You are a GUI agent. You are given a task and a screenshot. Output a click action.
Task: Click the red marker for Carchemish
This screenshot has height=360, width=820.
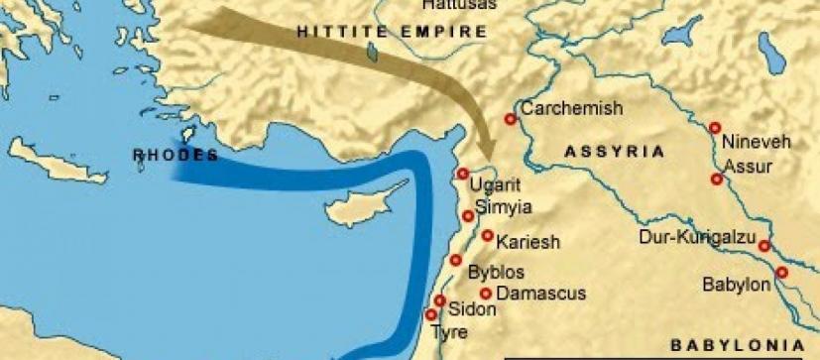pyautogui.click(x=511, y=119)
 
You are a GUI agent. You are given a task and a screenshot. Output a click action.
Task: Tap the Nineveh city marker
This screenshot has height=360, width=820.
pyautogui.click(x=714, y=128)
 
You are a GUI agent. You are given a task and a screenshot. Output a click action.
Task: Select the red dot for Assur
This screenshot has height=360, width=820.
pyautogui.click(x=716, y=180)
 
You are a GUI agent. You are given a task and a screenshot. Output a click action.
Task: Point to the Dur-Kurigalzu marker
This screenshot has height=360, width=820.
pyautogui.click(x=764, y=246)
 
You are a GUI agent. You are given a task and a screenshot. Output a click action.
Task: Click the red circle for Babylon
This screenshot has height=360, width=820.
pyautogui.click(x=781, y=272)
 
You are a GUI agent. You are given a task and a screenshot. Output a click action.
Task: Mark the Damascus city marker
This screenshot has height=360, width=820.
pyautogui.click(x=486, y=294)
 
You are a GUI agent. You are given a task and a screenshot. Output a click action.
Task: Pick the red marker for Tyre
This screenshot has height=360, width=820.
pyautogui.click(x=431, y=314)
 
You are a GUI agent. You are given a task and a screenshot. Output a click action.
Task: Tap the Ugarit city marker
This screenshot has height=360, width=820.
pyautogui.click(x=461, y=174)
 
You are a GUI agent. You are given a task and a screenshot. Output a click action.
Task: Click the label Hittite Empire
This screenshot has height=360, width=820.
pyautogui.click(x=393, y=32)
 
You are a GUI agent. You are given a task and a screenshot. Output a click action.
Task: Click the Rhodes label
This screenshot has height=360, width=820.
pyautogui.click(x=176, y=156)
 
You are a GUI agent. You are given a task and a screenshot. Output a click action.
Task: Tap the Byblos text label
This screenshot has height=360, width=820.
pyautogui.click(x=496, y=272)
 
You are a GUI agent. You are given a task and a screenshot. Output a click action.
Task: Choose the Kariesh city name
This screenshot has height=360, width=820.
pyautogui.click(x=528, y=241)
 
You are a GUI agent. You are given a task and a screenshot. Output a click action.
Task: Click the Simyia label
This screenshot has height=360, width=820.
pyautogui.click(x=505, y=207)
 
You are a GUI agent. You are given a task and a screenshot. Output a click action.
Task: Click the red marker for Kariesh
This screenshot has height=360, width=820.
pyautogui.click(x=487, y=236)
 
